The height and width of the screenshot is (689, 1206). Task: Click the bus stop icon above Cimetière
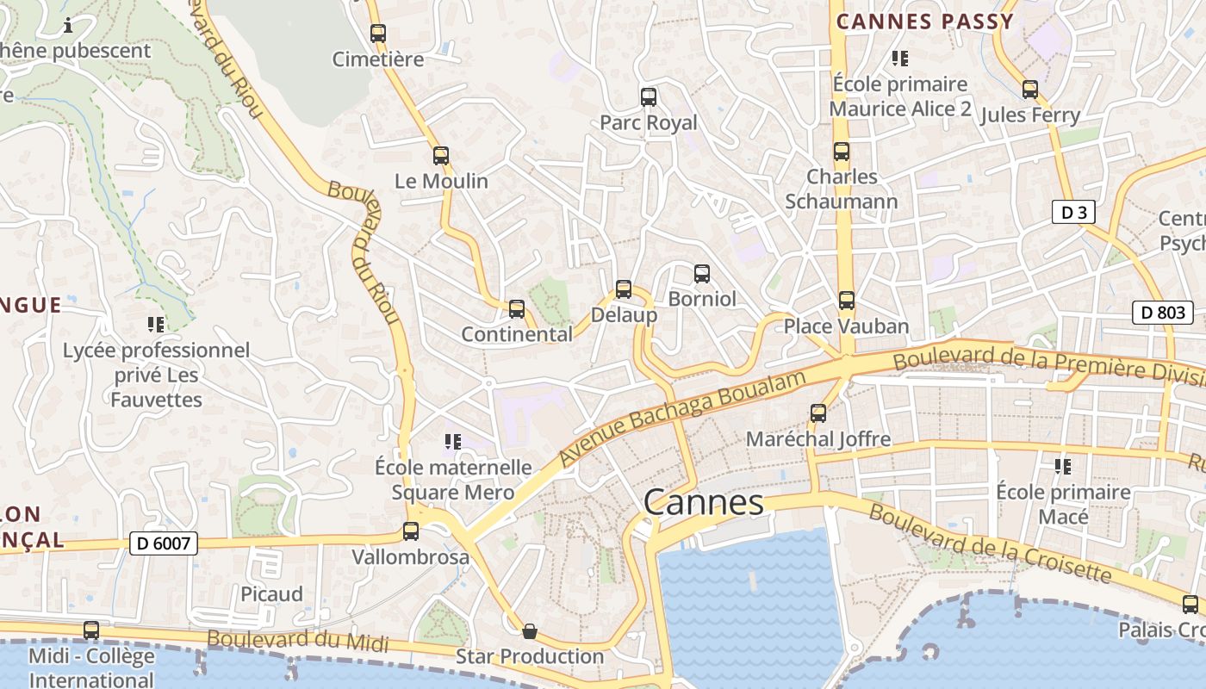click(377, 34)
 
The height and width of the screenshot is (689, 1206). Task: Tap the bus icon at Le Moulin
click(441, 156)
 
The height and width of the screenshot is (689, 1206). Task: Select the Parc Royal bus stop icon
click(649, 97)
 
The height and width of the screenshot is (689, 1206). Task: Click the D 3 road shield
click(1073, 212)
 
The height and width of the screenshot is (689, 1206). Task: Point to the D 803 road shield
click(1162, 313)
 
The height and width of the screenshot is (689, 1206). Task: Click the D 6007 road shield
click(164, 543)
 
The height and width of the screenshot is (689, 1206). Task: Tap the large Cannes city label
click(703, 502)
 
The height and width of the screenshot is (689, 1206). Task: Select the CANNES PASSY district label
click(925, 22)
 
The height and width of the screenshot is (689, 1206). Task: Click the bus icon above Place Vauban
click(847, 301)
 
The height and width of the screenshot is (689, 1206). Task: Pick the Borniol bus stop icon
click(702, 274)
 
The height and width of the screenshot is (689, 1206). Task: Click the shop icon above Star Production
click(530, 631)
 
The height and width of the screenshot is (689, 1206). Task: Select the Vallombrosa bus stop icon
click(411, 531)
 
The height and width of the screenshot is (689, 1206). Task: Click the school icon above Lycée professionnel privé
click(156, 325)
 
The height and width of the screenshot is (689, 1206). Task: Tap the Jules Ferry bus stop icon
click(1030, 90)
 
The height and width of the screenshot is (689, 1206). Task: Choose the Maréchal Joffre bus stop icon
click(818, 413)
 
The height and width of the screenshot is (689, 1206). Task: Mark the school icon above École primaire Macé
click(1063, 466)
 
